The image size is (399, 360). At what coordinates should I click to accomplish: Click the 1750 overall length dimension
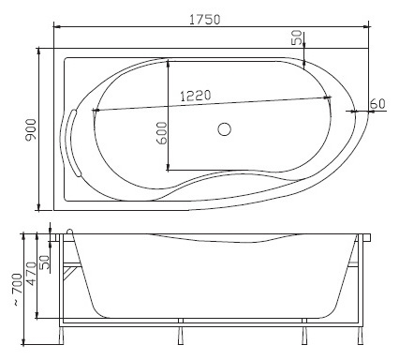[x=205, y=20]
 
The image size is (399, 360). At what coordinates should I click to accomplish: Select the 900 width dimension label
[x=31, y=129]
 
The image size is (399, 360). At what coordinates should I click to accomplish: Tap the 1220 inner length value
[x=196, y=96]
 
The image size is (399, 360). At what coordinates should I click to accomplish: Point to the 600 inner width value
[x=162, y=133]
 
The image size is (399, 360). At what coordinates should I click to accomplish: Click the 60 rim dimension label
[x=377, y=103]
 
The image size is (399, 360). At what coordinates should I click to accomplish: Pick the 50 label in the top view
[x=297, y=37]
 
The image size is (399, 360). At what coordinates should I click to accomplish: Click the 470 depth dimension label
[x=31, y=274]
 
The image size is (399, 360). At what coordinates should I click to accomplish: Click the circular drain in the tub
[x=224, y=129]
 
